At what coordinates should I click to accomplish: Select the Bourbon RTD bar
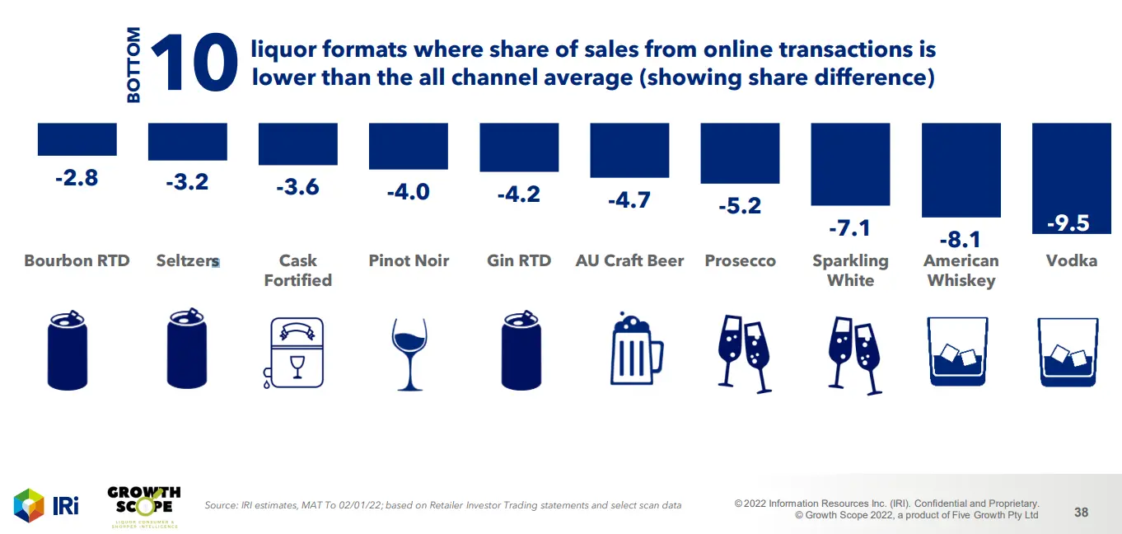pyautogui.click(x=77, y=139)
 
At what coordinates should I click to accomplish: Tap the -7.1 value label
pyautogui.click(x=850, y=227)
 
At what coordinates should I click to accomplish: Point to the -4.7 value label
pyautogui.click(x=629, y=199)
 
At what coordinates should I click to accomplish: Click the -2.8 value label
pyautogui.click(x=77, y=177)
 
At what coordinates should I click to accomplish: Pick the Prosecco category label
pyautogui.click(x=740, y=260)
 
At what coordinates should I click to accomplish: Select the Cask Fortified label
pyautogui.click(x=297, y=270)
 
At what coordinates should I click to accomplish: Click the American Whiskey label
pyautogui.click(x=961, y=270)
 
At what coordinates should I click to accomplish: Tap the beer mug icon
pyautogui.click(x=637, y=350)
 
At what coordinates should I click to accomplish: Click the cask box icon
pyautogui.click(x=297, y=352)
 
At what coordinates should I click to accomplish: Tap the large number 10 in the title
pyautogui.click(x=194, y=63)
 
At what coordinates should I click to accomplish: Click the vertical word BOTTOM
pyautogui.click(x=133, y=65)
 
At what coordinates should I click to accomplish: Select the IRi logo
pyautogui.click(x=46, y=505)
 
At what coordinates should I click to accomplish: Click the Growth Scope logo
pyautogui.click(x=143, y=504)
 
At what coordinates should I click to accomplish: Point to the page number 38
pyautogui.click(x=1081, y=512)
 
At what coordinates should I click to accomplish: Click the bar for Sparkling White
pyautogui.click(x=850, y=164)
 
